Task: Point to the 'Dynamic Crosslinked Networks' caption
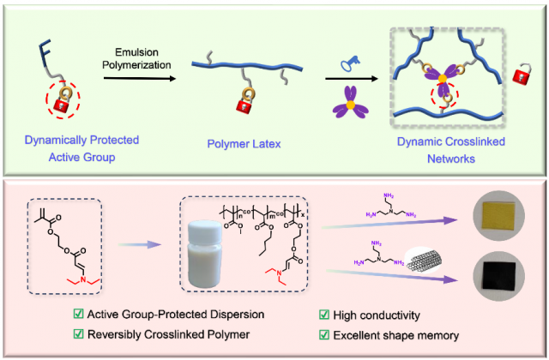click(440, 146)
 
